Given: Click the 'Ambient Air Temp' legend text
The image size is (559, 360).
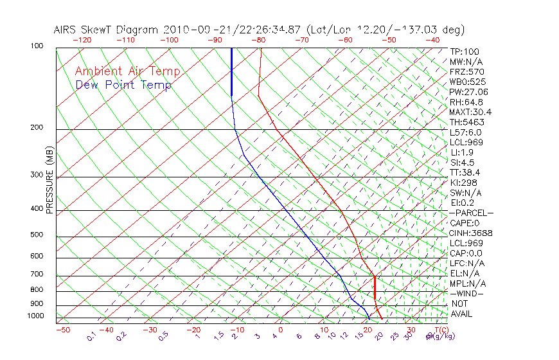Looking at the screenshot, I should point(127,71).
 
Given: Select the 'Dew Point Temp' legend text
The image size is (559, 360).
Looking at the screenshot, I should point(123,85).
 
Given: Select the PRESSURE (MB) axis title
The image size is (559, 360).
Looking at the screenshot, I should point(50,181).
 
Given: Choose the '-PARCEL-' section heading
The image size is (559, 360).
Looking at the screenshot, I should point(471,213).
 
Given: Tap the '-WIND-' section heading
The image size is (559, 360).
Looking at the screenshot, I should point(466,293).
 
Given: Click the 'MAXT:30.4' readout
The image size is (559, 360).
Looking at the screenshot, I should point(470,112).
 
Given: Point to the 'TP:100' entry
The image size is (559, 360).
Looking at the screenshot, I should point(465,51).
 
